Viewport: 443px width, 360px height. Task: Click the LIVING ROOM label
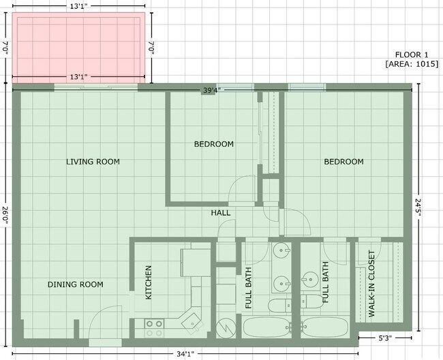pyautogui.click(x=93, y=162)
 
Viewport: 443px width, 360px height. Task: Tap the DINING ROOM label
pyautogui.click(x=76, y=284)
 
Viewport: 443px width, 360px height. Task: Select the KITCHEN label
pyautogui.click(x=149, y=282)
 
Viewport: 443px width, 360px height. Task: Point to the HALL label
pyautogui.click(x=221, y=213)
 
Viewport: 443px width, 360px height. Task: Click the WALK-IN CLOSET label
pyautogui.click(x=371, y=284)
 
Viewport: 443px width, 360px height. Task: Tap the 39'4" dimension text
pyautogui.click(x=212, y=91)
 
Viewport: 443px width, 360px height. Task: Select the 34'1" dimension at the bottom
pyautogui.click(x=185, y=354)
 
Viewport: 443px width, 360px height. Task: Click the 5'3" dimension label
pyautogui.click(x=385, y=338)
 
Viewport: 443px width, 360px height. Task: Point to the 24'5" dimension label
pyautogui.click(x=418, y=208)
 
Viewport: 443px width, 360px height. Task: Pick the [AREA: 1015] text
pyautogui.click(x=412, y=64)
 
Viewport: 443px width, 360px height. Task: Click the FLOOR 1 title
pyautogui.click(x=412, y=54)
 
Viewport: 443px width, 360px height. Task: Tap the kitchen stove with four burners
pyautogui.click(x=155, y=328)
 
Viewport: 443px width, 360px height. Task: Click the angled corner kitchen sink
pyautogui.click(x=192, y=323)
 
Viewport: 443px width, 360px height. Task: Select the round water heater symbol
pyautogui.click(x=226, y=328)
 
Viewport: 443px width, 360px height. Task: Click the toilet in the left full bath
pyautogui.click(x=279, y=306)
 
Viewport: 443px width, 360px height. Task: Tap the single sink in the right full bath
pyautogui.click(x=309, y=280)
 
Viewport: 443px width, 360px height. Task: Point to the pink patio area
pyautogui.click(x=79, y=48)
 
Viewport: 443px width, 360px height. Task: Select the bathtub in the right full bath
pyautogui.click(x=324, y=327)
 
